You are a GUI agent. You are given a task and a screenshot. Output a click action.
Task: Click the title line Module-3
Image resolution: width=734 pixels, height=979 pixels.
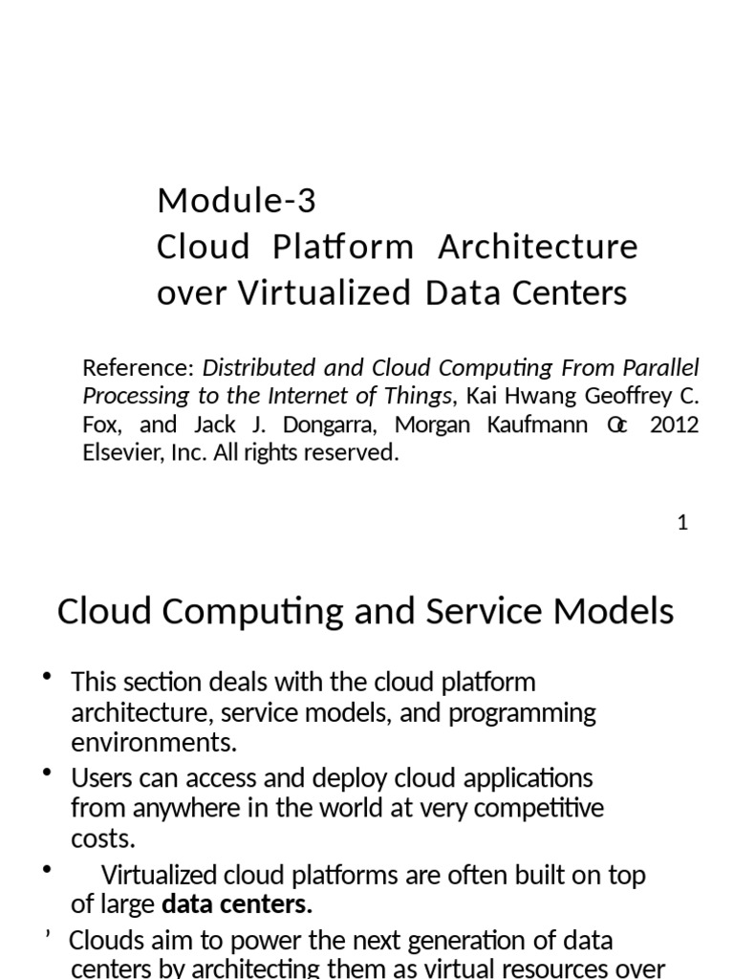(236, 201)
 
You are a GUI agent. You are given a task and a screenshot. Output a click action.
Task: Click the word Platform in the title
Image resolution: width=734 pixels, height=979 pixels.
(343, 247)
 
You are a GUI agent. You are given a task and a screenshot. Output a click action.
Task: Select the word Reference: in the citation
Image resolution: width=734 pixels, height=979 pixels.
(139, 368)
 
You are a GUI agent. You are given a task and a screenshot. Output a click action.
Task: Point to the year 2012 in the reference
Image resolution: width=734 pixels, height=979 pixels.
(674, 424)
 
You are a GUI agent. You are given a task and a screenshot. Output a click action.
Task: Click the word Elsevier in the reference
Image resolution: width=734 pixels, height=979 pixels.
(119, 452)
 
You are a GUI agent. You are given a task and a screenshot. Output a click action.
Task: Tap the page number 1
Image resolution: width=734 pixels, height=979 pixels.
(682, 523)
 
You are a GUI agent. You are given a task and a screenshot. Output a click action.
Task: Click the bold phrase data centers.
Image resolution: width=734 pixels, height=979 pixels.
(237, 904)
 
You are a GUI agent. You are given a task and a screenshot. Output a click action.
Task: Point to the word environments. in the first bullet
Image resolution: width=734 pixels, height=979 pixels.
(153, 743)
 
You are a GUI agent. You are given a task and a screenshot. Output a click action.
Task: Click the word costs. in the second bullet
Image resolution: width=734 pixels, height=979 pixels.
(103, 838)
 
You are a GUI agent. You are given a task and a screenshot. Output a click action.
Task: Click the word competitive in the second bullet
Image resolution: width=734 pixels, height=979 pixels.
(535, 808)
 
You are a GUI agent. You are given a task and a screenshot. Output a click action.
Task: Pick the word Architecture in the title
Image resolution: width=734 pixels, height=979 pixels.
(538, 247)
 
